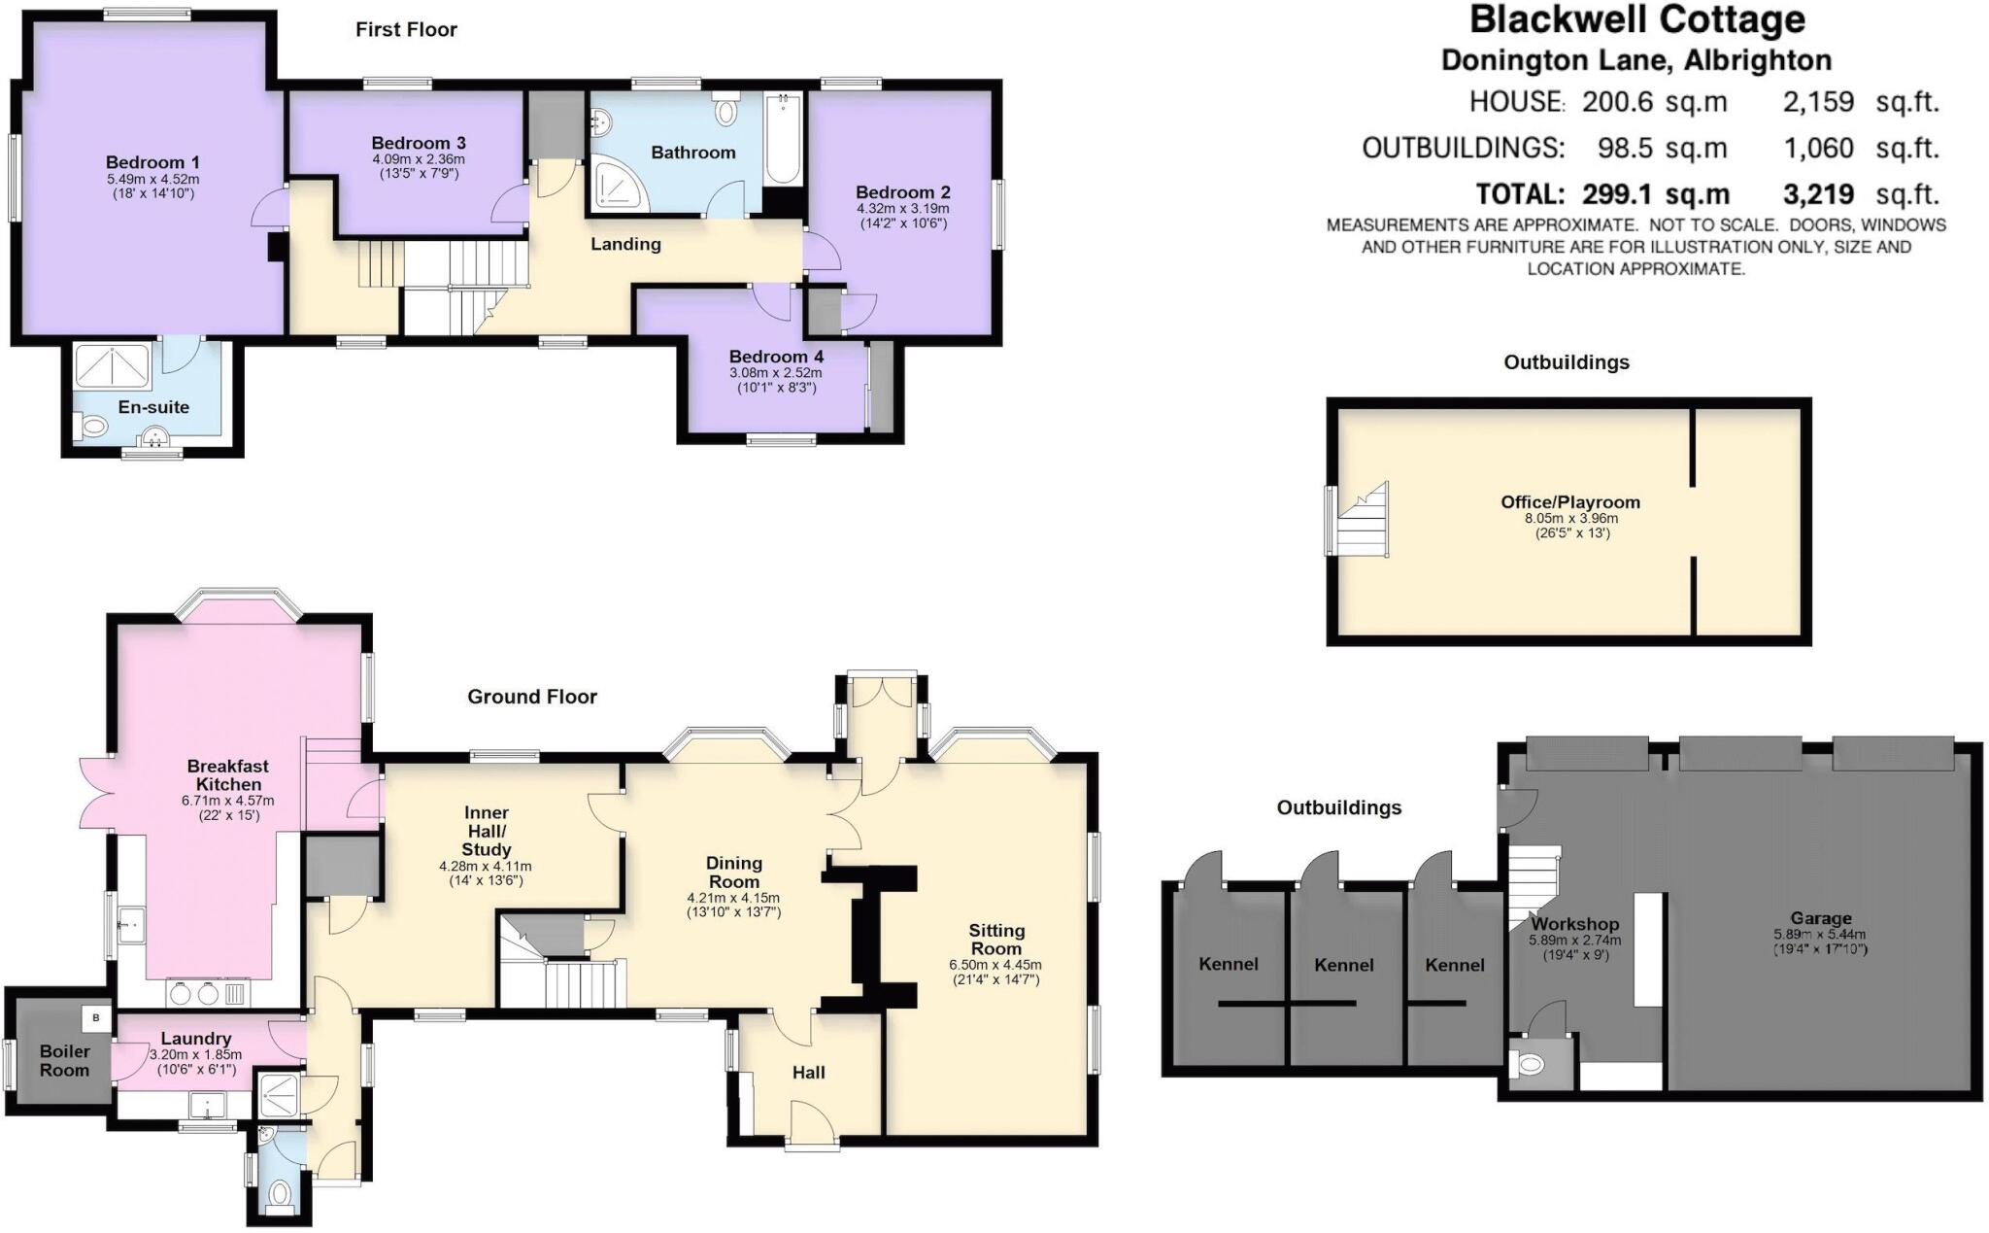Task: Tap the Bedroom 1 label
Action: coord(152,162)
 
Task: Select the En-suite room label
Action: coord(153,407)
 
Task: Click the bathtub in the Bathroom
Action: coord(782,139)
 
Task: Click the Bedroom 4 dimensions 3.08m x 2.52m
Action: coord(775,373)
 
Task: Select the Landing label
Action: coord(625,244)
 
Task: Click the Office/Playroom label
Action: coord(1570,502)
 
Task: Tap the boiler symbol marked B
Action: coord(96,1018)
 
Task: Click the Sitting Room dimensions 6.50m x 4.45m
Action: coord(995,965)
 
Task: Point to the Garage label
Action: coord(1821,918)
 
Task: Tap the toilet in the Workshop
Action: coord(1528,1066)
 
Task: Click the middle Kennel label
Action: coord(1344,965)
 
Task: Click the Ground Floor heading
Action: coord(532,697)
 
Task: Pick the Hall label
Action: coord(808,1073)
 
